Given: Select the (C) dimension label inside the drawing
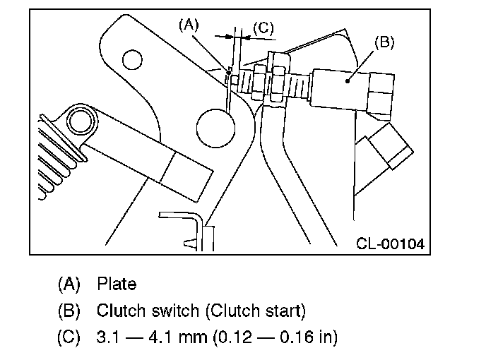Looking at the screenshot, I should (x=263, y=28).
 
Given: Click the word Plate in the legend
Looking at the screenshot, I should (x=117, y=284).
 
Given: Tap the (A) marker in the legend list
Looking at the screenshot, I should (x=69, y=284).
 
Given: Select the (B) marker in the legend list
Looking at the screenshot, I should (x=69, y=311).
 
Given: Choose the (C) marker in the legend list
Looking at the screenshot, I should (x=69, y=337).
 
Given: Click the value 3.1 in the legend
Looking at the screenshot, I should (x=107, y=337).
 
